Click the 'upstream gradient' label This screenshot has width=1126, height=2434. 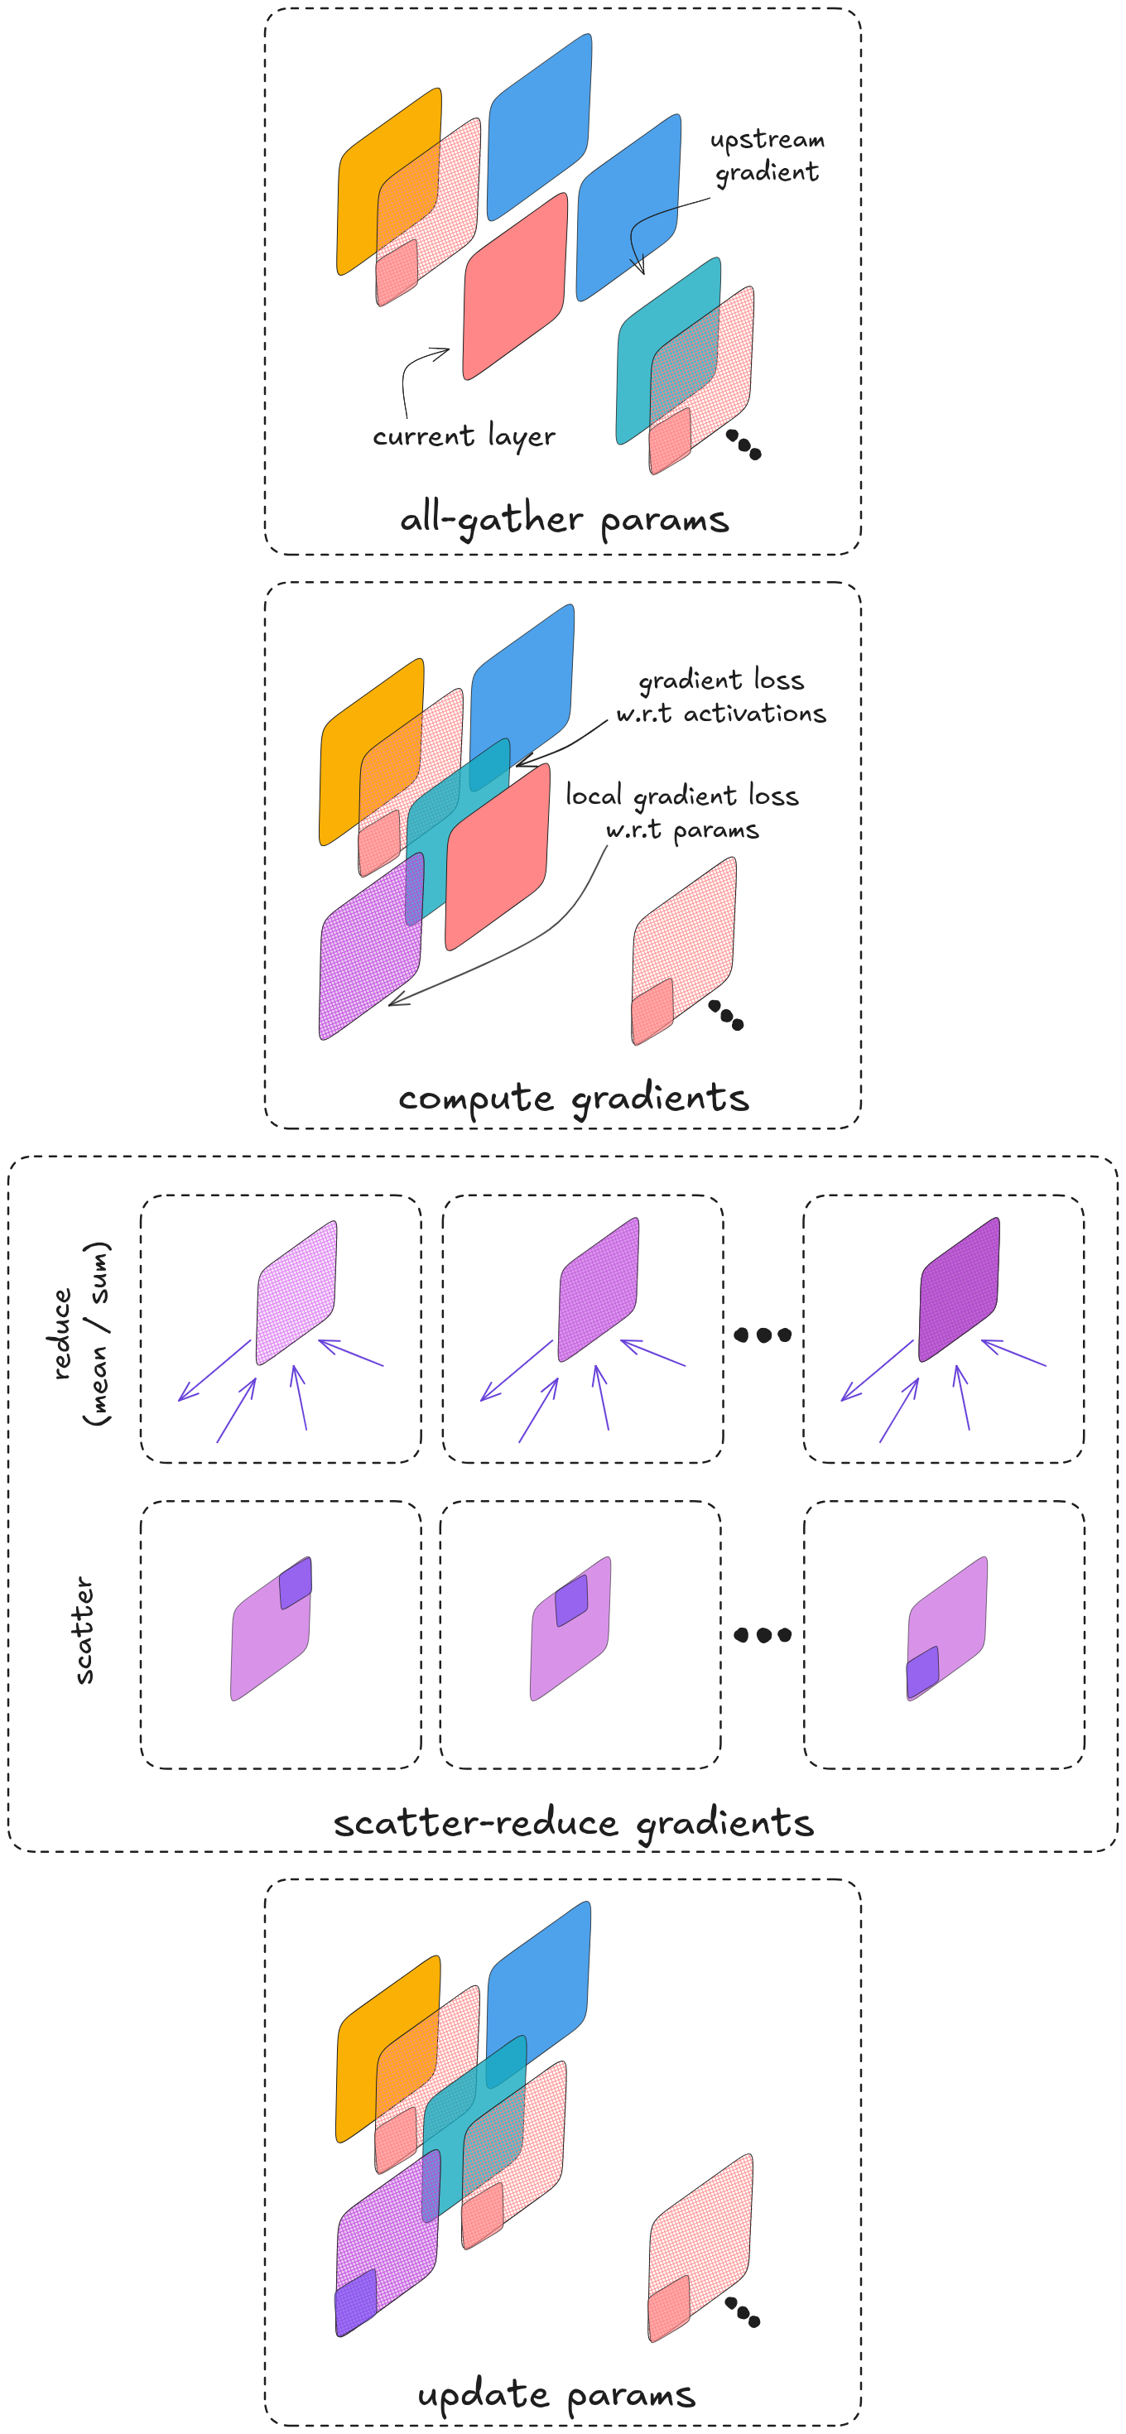[767, 156]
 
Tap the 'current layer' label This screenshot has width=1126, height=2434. [463, 436]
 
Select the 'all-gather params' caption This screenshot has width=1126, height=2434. [564, 520]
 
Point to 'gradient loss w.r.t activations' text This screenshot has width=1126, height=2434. [721, 696]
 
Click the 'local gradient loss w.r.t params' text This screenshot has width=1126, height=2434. [682, 811]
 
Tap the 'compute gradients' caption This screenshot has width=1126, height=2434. [574, 1098]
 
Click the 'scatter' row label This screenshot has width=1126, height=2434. [83, 1630]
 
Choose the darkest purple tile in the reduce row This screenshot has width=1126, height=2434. [959, 1289]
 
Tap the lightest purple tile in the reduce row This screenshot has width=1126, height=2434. [296, 1292]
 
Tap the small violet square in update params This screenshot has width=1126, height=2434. [356, 2302]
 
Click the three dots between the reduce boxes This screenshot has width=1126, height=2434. [763, 1335]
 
